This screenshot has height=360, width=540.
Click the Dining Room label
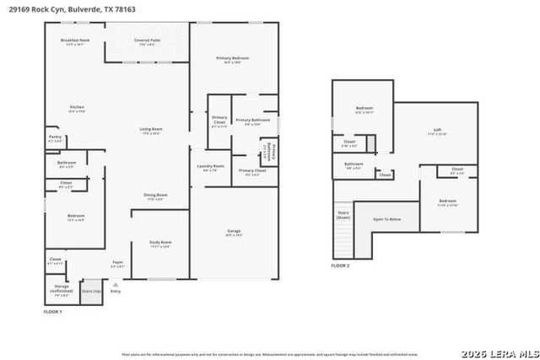click(x=154, y=196)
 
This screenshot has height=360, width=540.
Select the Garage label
click(x=234, y=232)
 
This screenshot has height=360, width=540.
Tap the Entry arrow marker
click(x=116, y=285)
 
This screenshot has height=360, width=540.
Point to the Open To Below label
click(x=386, y=219)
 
